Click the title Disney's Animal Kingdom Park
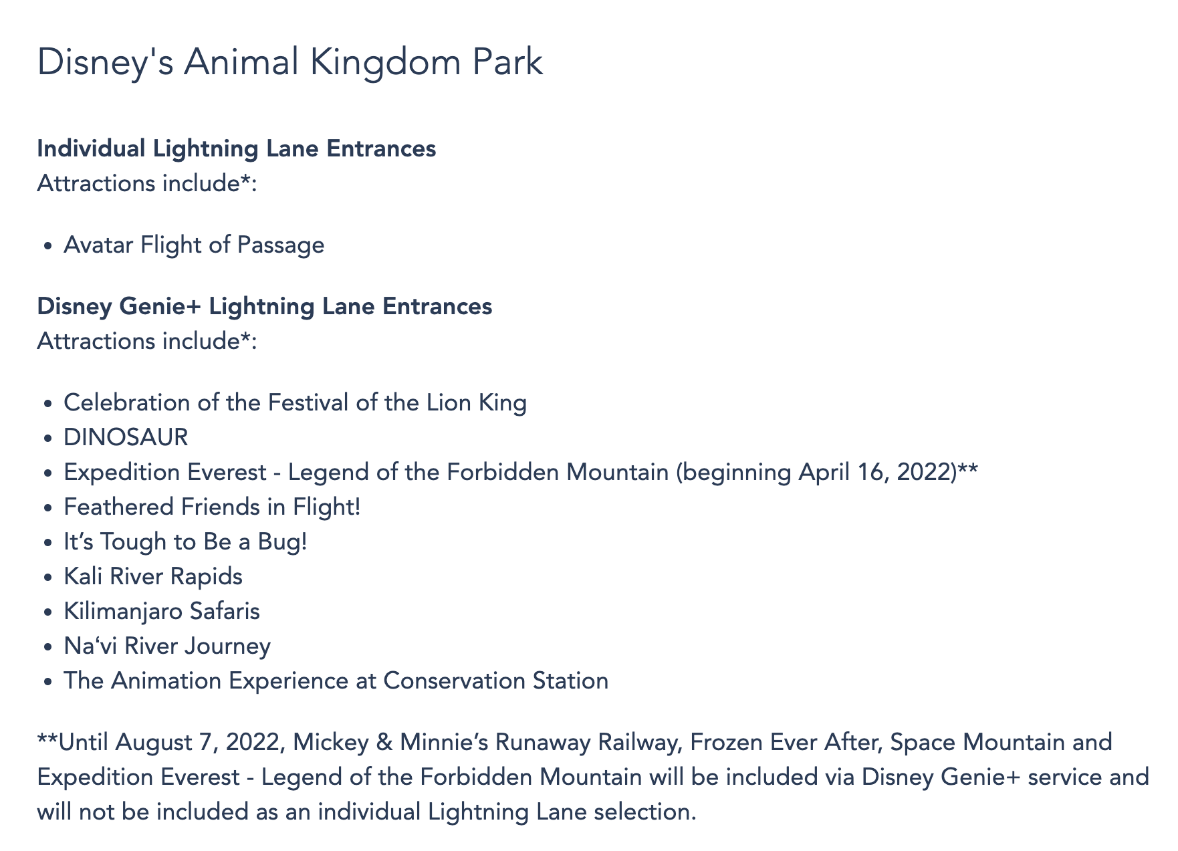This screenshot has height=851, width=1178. tap(290, 64)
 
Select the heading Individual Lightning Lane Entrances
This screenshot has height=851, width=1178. tap(237, 148)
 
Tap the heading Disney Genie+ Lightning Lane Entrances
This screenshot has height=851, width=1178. tap(265, 306)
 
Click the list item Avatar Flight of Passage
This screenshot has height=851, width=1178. tap(194, 245)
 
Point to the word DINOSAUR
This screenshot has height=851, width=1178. tap(126, 437)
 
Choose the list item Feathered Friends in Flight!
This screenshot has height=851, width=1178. tap(212, 507)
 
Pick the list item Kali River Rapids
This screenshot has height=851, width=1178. tap(153, 576)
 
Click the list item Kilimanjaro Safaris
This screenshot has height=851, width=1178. tap(162, 611)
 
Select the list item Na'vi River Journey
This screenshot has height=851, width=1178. tap(167, 646)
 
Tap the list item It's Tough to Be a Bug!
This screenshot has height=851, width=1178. tap(185, 541)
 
